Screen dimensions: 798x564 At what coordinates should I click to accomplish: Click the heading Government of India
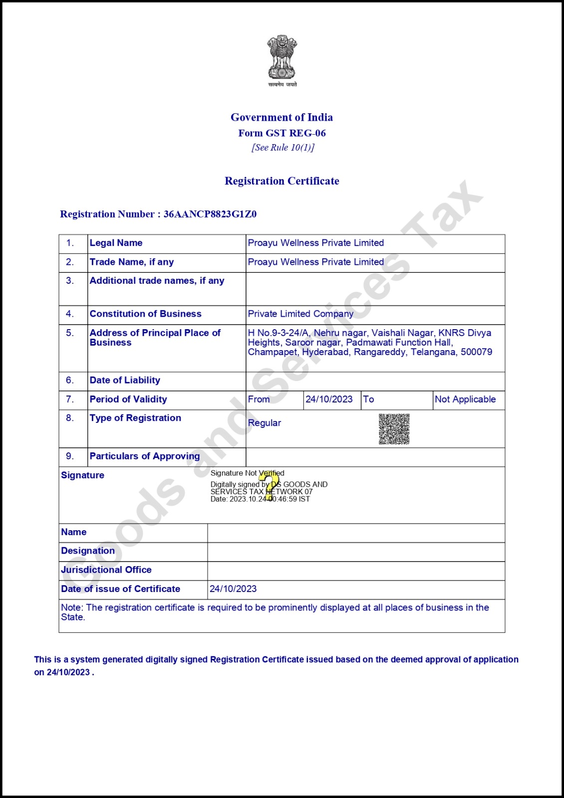(282, 117)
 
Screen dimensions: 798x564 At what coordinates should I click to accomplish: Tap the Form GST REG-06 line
(282, 133)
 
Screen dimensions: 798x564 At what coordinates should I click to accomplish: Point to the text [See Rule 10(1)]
(282, 148)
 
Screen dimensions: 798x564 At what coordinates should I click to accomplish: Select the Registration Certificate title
(282, 181)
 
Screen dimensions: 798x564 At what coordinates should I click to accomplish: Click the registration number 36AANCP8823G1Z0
(210, 214)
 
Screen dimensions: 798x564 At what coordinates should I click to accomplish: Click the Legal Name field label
(116, 243)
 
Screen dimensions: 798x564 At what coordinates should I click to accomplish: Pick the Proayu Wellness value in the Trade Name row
(315, 262)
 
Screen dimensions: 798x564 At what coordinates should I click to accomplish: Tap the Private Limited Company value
(300, 314)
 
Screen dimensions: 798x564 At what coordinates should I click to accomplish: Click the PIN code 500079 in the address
(476, 352)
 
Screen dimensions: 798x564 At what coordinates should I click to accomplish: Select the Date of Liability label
(125, 380)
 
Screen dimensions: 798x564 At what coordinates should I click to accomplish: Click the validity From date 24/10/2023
(329, 399)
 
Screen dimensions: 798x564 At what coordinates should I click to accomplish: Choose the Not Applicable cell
(465, 399)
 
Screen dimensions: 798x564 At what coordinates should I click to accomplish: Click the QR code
(394, 428)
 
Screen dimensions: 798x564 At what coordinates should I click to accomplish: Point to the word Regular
(264, 423)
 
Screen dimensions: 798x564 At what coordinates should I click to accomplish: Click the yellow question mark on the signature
(270, 485)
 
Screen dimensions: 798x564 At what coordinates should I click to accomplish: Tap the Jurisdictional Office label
(106, 570)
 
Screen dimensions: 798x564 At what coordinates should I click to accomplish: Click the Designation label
(88, 551)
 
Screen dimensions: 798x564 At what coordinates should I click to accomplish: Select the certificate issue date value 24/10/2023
(233, 589)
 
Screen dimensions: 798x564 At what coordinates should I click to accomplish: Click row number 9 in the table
(70, 456)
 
